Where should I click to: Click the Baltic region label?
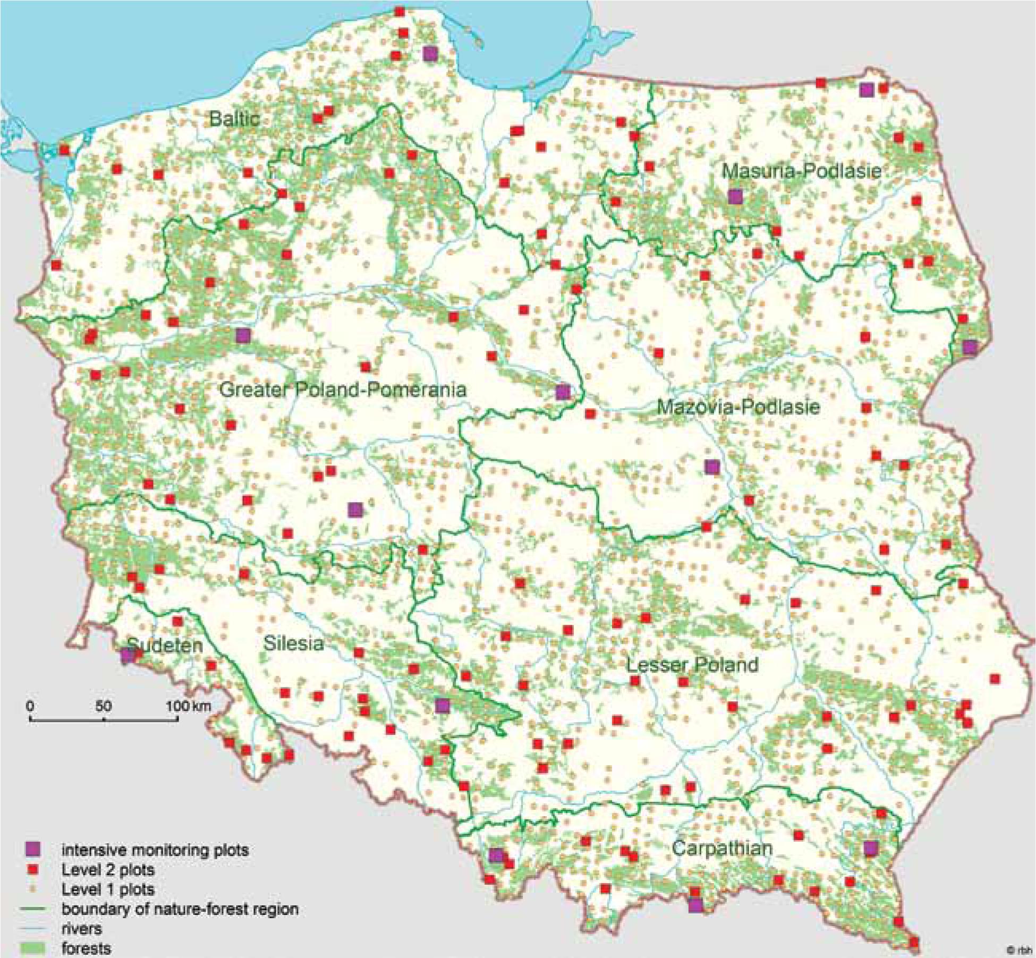234,118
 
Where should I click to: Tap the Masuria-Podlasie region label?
801,171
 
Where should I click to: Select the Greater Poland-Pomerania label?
343,389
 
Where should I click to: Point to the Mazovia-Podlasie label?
738,407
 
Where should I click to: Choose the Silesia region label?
293,643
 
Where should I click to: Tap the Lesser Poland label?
692,665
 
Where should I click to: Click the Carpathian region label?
721,847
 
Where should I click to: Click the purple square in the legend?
33,850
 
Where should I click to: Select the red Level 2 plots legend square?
33,870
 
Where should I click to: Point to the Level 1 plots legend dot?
33,889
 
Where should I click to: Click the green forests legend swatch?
33,948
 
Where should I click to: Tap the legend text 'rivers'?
81,928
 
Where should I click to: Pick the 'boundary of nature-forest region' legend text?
180,909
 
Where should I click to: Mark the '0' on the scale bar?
30,706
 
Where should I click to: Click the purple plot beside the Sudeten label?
127,656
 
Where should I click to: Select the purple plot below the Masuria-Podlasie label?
735,197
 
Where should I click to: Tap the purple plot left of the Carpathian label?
496,855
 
